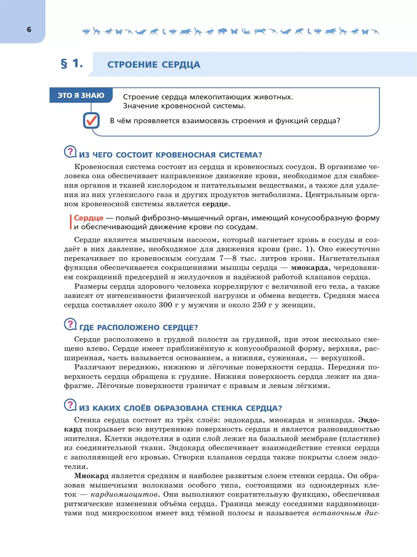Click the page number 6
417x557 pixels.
(29, 30)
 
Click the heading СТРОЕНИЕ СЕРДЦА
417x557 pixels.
(154, 65)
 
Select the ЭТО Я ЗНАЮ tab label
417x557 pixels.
(81, 95)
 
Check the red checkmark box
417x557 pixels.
(91, 120)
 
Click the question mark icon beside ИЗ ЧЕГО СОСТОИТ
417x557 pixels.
(70, 152)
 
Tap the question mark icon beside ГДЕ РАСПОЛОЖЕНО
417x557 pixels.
(70, 324)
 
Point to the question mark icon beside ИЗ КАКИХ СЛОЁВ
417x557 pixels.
(70, 405)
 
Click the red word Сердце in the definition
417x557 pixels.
(89, 218)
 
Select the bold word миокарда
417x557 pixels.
(309, 268)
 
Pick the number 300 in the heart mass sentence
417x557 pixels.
(165, 305)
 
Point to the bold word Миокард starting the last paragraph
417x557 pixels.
(91, 476)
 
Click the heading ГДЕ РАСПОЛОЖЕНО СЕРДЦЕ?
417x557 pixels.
(139, 327)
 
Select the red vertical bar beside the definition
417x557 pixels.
(71, 222)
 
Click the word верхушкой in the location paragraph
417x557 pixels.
(342, 358)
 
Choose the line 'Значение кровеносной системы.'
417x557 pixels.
(184, 106)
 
